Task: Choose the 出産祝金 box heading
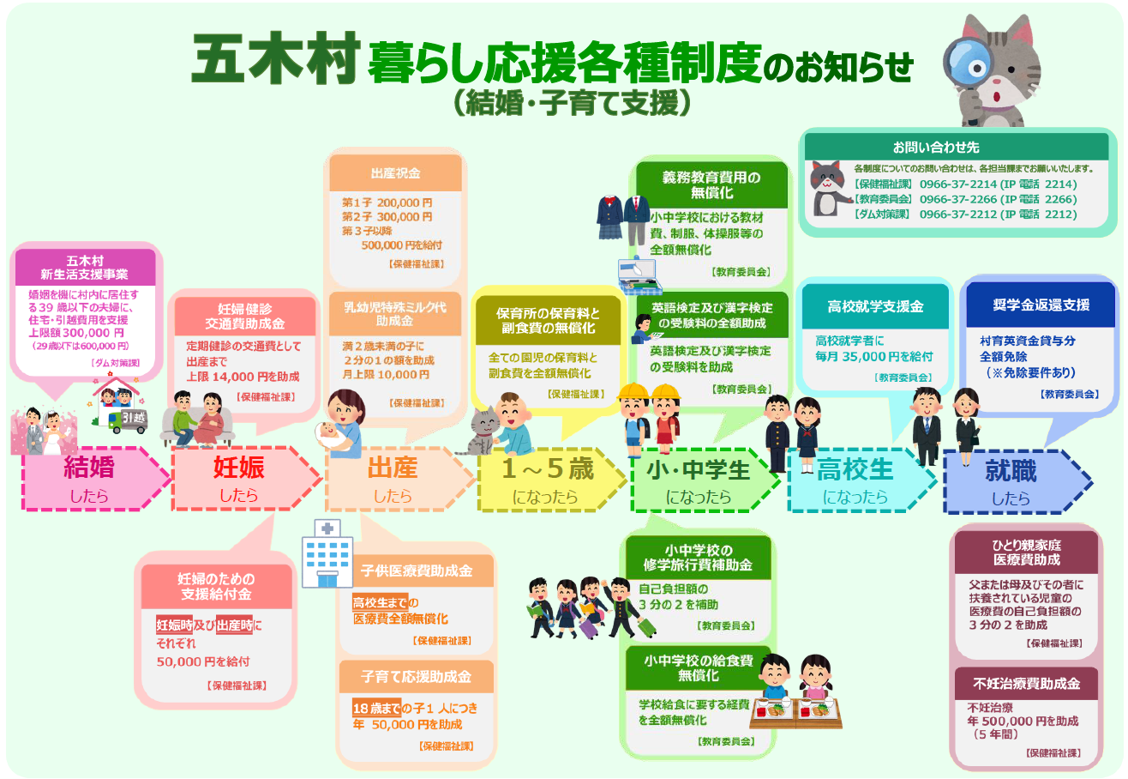[395, 172]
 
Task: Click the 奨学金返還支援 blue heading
[1040, 305]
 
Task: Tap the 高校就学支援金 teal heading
[875, 306]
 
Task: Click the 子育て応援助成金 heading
[416, 676]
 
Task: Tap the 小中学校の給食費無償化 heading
[698, 667]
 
